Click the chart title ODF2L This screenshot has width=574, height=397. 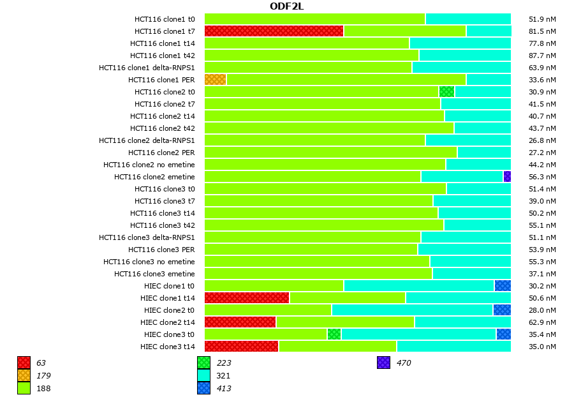(x=286, y=6)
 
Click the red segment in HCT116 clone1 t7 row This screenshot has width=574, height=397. (x=274, y=31)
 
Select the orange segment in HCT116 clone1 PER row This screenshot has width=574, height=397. (x=215, y=79)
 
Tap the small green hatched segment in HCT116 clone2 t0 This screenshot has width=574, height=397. (x=446, y=91)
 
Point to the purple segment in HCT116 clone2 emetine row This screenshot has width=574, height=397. (x=507, y=176)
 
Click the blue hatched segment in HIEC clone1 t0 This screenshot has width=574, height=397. (x=503, y=285)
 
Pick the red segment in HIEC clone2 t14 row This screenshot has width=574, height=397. (x=240, y=322)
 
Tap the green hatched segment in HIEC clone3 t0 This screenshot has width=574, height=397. (x=334, y=334)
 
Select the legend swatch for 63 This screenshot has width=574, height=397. (x=24, y=363)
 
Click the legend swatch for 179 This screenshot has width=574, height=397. (x=24, y=375)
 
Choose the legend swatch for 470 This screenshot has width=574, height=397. (x=383, y=363)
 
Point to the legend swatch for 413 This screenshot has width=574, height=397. (x=203, y=388)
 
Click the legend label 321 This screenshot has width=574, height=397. (x=223, y=375)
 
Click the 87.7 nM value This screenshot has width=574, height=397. (x=543, y=55)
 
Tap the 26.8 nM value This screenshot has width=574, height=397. (x=543, y=140)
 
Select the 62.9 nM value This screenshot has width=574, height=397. (x=543, y=322)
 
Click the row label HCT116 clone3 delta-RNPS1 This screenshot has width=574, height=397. (x=147, y=237)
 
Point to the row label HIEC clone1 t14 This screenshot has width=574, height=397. (x=167, y=297)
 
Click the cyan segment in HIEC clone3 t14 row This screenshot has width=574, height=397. (x=453, y=346)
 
